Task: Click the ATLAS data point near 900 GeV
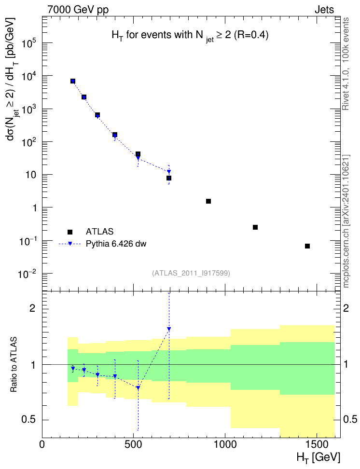pyautogui.click(x=208, y=201)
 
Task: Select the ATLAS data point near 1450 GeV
pyautogui.click(x=307, y=246)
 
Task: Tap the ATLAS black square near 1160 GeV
pyautogui.click(x=255, y=227)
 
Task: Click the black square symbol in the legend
pyautogui.click(x=70, y=232)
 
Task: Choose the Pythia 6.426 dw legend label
pyautogui.click(x=116, y=244)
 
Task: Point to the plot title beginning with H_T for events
pyautogui.click(x=190, y=36)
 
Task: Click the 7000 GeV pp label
pyautogui.click(x=78, y=10)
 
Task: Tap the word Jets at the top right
pyautogui.click(x=324, y=10)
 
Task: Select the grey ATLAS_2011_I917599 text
pyautogui.click(x=191, y=273)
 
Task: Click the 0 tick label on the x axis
pyautogui.click(x=42, y=444)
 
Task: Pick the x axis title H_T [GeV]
pyautogui.click(x=318, y=457)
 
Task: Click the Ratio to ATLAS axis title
pyautogui.click(x=14, y=364)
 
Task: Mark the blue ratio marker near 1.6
pyautogui.click(x=169, y=329)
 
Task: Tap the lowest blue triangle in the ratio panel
pyautogui.click(x=138, y=387)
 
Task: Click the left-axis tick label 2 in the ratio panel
pyautogui.click(x=32, y=308)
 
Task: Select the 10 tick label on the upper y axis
pyautogui.click(x=31, y=175)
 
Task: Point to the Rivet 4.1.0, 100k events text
pyautogui.click(x=346, y=64)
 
